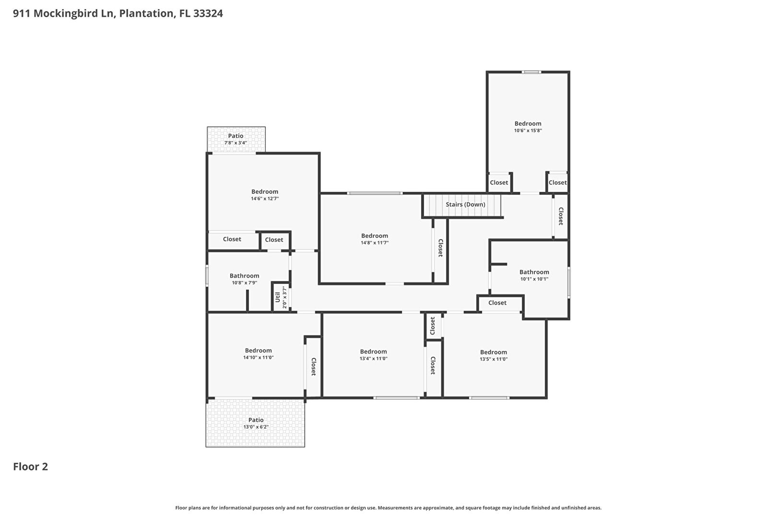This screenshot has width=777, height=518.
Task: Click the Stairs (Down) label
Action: [465, 204]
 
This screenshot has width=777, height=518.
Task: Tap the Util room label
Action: [278, 297]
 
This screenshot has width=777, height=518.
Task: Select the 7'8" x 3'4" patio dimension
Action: [235, 143]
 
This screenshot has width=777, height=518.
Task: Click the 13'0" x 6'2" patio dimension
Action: [256, 427]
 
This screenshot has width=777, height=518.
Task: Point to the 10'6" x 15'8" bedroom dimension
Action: [528, 130]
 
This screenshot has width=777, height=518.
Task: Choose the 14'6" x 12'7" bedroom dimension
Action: [265, 199]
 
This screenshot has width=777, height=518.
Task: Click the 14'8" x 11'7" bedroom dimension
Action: [375, 243]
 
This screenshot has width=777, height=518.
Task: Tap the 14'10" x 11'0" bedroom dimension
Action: [259, 357]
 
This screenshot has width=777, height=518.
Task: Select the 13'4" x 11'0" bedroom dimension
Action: [373, 358]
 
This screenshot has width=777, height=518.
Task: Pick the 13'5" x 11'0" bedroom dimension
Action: [494, 359]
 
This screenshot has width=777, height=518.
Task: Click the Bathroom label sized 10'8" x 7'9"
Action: [244, 276]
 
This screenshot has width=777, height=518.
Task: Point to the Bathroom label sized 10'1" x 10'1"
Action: [534, 272]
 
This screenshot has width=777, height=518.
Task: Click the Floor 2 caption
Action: [31, 467]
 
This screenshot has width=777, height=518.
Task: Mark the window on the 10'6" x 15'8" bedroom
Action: [531, 72]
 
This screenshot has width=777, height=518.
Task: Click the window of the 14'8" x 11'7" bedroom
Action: [375, 193]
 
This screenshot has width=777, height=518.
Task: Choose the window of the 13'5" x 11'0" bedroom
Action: [489, 398]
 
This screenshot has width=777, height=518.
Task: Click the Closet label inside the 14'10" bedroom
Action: [313, 367]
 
